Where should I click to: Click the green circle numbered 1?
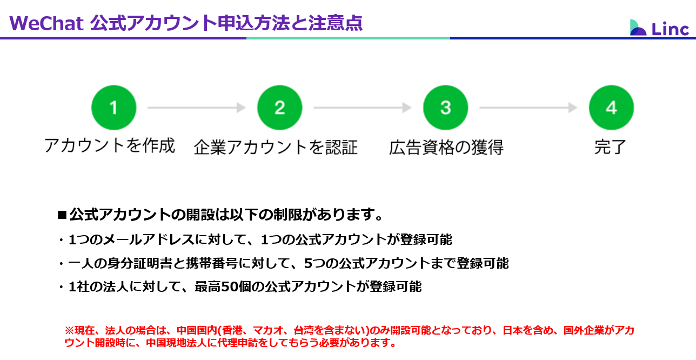(113, 108)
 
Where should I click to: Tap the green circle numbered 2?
(280, 108)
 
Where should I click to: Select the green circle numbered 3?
(446, 108)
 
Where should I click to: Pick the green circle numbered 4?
(612, 108)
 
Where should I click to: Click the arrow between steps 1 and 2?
(197, 108)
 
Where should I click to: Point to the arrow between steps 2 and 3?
(363, 108)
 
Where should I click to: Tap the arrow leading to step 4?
(528, 108)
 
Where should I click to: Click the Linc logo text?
(670, 29)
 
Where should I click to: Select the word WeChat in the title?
(46, 23)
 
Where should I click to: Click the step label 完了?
(610, 147)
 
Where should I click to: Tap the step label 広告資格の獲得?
(446, 147)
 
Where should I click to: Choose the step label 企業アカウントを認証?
(276, 147)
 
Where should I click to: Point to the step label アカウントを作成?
(110, 145)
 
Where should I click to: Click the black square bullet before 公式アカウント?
(62, 215)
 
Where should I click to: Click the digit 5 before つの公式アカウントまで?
(308, 263)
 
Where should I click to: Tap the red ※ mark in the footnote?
(69, 330)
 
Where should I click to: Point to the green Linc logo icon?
(638, 28)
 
